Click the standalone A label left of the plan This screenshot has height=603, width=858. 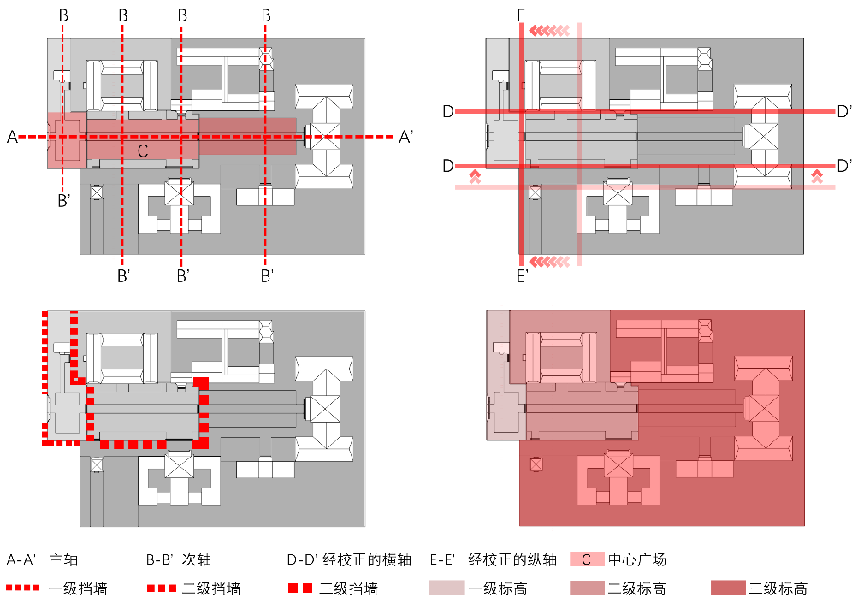tap(12, 137)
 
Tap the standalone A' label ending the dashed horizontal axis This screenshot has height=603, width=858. tap(405, 137)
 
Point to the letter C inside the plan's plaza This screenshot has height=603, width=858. tap(143, 151)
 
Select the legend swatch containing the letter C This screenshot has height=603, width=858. tap(587, 559)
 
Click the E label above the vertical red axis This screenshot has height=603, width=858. tap(522, 16)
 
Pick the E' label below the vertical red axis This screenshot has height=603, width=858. tap(523, 275)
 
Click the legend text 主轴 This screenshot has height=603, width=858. tap(63, 559)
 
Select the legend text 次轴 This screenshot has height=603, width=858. tap(196, 559)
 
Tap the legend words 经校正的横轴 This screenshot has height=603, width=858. tap(367, 559)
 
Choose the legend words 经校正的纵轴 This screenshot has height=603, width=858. tap(512, 559)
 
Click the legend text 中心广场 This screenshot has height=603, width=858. tap(637, 559)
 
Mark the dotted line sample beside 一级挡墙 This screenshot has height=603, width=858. tap(22, 588)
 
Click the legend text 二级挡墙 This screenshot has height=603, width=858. tap(211, 588)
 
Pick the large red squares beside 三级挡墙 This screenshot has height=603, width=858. tap(300, 588)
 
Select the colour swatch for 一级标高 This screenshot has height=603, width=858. tap(447, 588)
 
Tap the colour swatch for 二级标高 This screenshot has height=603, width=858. tap(587, 588)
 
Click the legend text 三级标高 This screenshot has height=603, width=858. tap(778, 588)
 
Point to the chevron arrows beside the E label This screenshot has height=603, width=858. tap(549, 31)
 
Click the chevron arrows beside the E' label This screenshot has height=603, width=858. tap(549, 262)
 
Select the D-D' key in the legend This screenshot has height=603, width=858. tap(302, 559)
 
